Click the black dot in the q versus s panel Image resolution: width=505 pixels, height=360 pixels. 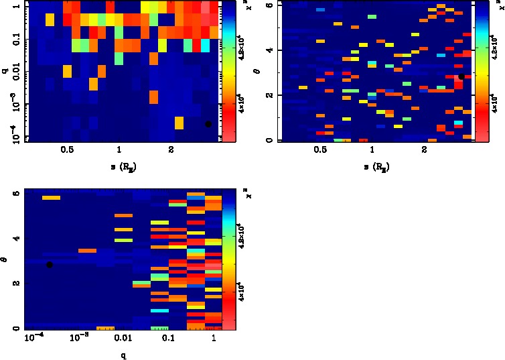(x=208, y=124)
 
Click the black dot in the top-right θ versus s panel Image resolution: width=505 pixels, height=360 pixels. (x=461, y=77)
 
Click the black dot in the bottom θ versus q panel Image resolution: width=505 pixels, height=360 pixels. (x=50, y=265)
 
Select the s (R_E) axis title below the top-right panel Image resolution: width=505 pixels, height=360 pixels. (x=373, y=165)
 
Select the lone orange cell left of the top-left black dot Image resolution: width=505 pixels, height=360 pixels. (x=179, y=123)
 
